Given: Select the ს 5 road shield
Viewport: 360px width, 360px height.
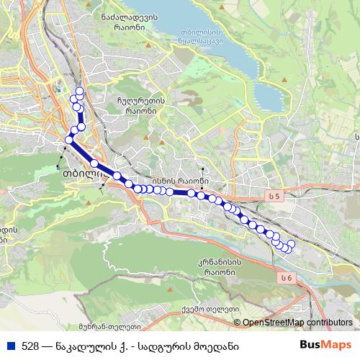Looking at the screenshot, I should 271,197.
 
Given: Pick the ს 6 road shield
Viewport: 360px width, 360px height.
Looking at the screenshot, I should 287,277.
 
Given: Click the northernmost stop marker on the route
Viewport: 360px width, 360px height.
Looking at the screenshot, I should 78,91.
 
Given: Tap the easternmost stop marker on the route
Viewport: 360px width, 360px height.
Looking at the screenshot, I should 292,244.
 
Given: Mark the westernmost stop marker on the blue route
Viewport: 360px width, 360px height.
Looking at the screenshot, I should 69,140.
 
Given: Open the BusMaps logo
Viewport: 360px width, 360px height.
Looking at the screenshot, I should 325,344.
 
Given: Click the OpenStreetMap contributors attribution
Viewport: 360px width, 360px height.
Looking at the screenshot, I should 297,323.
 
